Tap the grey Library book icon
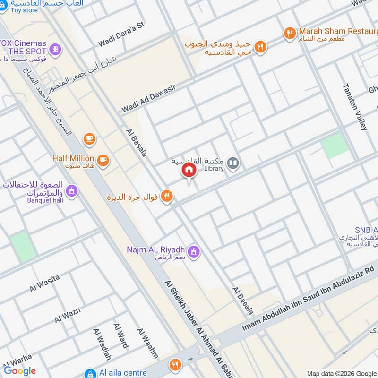(233, 164)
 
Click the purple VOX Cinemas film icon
(56, 49)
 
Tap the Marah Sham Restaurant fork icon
(290, 33)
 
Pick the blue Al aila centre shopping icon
(89, 373)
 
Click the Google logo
(20, 371)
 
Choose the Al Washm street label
(146, 343)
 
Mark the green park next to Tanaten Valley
(335, 145)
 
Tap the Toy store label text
(24, 10)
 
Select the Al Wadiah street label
(102, 344)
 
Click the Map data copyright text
(341, 373)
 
